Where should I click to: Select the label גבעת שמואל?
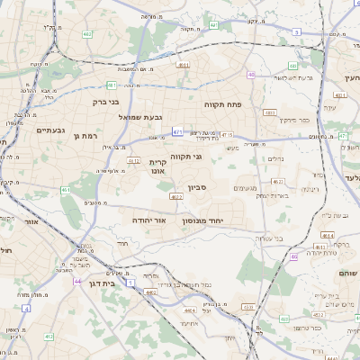coord(139,116)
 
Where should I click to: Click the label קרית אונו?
coord(158,168)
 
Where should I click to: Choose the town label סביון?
coord(197,188)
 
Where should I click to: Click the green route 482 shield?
coord(87,34)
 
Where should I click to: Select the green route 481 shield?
coord(112,85)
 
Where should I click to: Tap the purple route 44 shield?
coord(78,282)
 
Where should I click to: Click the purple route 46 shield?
coord(293,256)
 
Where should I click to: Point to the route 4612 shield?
coord(133,161)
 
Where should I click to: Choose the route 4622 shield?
coord(175,195)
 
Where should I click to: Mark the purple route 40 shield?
coord(251,75)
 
